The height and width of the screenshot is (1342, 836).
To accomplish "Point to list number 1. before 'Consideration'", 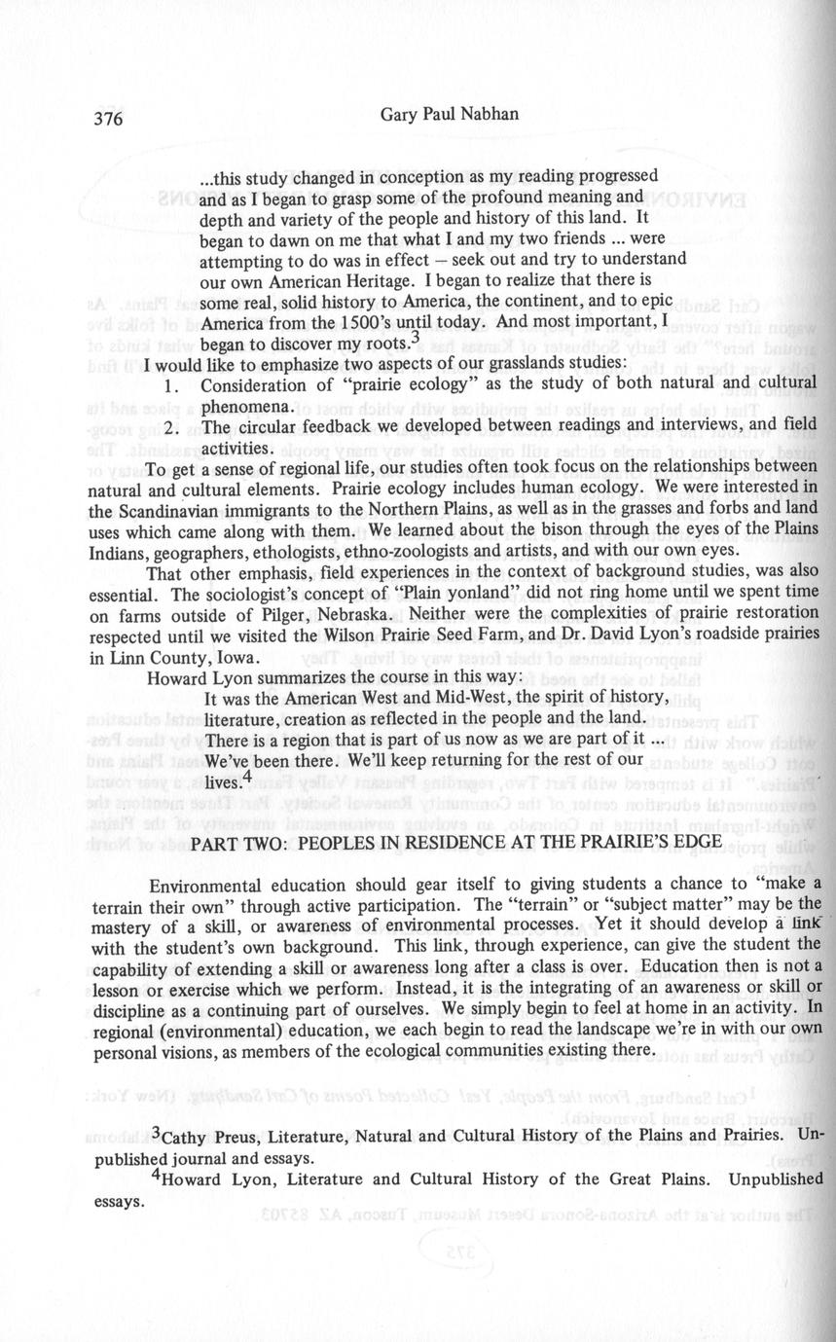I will click(x=172, y=386).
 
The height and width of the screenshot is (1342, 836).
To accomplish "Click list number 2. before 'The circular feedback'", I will click(x=172, y=428).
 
